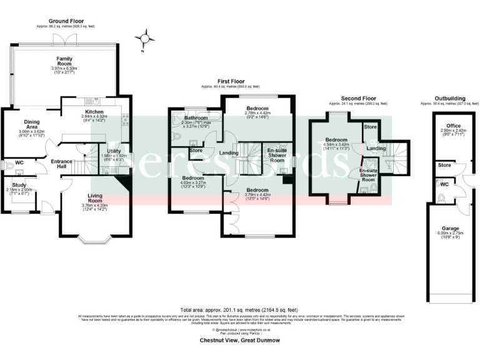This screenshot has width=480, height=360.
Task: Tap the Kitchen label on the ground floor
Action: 94,112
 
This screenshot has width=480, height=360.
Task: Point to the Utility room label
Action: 113,151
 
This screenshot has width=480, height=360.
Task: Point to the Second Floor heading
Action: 358,99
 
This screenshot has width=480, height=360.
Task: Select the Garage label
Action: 446,229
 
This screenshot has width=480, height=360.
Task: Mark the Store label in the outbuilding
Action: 444,166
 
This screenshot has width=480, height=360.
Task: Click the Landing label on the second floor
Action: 376,148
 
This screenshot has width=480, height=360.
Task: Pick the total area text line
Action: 239,310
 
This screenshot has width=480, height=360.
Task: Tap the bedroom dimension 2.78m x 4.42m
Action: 257,113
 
